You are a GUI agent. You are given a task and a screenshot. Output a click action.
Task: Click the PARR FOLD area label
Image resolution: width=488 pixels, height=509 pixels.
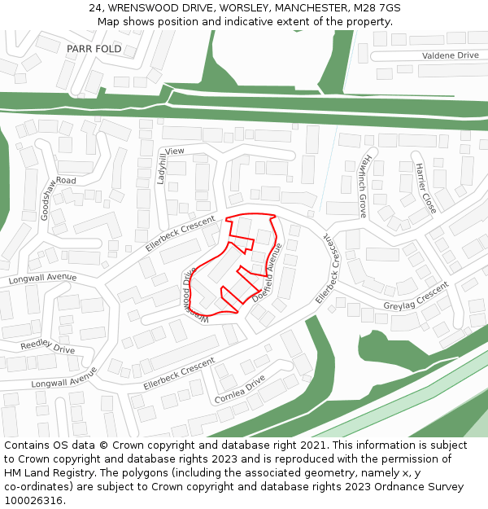(x=94, y=49)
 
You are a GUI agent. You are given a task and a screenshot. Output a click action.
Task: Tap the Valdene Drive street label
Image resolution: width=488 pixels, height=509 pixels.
(x=450, y=55)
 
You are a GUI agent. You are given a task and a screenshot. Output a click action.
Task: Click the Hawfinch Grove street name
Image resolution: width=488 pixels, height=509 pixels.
(x=364, y=186)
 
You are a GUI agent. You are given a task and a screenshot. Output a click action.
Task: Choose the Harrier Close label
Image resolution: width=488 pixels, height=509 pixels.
(x=425, y=187)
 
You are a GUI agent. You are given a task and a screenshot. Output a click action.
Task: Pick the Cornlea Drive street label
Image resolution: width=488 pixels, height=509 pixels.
(x=240, y=389)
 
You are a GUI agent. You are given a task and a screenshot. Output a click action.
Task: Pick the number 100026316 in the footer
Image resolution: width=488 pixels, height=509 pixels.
(x=34, y=501)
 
